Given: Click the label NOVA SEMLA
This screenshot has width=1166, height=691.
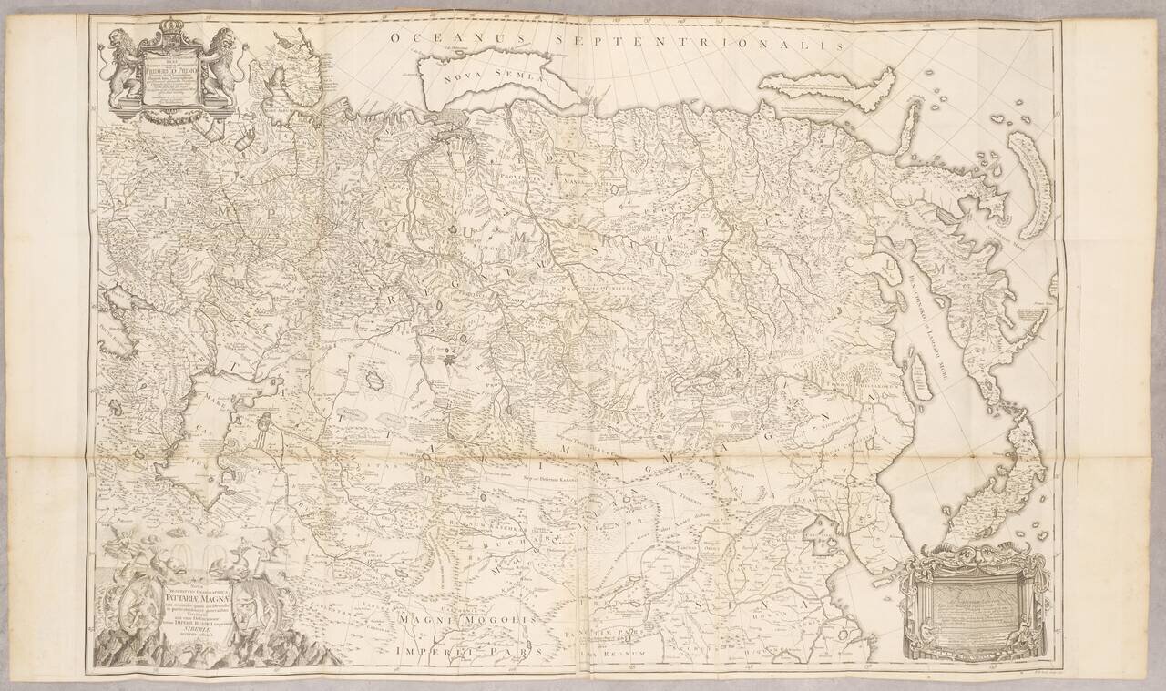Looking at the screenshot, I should (x=479, y=76).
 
